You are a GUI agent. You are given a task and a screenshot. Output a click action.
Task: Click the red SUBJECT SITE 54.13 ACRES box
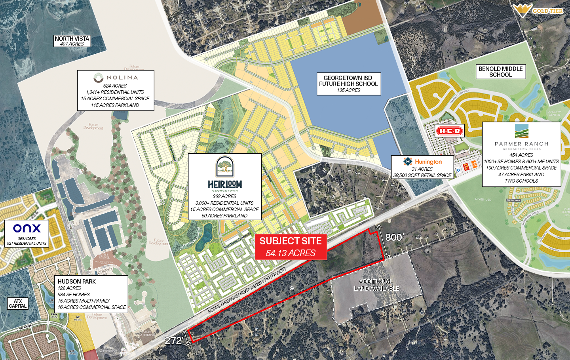point(291,247)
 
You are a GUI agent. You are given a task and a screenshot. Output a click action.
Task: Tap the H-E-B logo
point(449,131)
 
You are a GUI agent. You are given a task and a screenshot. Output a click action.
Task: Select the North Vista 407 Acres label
point(72,41)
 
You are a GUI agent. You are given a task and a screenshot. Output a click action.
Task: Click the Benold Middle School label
point(500,72)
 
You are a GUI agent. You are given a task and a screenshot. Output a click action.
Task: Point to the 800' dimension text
point(394,237)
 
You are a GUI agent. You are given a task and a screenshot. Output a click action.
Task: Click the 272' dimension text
point(173,341)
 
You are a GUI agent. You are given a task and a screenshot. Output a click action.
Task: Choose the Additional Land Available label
point(376,285)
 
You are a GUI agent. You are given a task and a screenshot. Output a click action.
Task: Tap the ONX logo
point(27,228)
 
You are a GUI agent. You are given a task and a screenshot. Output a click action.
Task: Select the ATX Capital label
point(18,303)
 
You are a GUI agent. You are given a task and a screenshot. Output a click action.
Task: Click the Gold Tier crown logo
point(522,10)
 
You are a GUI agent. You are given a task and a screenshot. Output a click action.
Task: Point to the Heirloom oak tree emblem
point(224,166)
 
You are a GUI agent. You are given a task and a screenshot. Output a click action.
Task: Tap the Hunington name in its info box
point(428,162)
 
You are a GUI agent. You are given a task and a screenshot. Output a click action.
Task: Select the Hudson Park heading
point(77,282)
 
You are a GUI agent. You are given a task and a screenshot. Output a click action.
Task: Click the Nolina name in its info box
point(122,78)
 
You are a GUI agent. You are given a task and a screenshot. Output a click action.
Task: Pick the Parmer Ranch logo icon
point(521,131)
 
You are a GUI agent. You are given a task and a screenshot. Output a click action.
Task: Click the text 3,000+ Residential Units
point(224,203)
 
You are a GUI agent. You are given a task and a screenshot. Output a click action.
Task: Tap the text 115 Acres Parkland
point(115,105)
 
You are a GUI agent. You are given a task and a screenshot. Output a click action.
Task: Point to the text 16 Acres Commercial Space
point(92,307)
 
